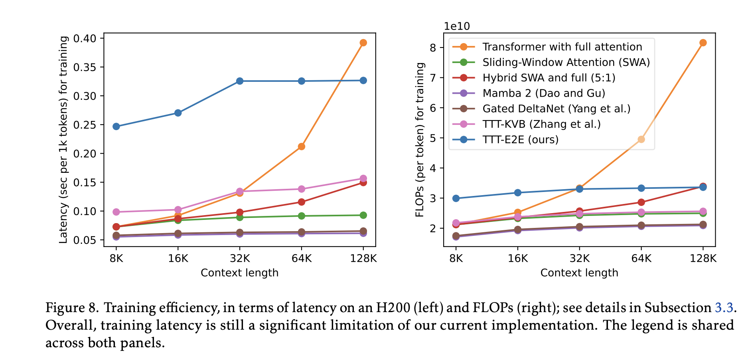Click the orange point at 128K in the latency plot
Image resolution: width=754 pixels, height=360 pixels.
coord(363,43)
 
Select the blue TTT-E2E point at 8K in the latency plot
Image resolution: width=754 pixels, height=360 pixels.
coord(116,127)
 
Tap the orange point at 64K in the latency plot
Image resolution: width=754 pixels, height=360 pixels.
coord(302,146)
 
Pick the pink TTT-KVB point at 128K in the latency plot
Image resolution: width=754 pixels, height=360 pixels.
coord(363,178)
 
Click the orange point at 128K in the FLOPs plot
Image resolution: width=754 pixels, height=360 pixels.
coord(703,43)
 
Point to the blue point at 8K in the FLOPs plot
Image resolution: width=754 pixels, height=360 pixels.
coord(456,198)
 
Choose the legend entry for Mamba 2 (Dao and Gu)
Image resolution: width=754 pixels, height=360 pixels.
coord(544,93)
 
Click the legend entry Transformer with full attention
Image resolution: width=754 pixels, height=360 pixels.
coord(562,47)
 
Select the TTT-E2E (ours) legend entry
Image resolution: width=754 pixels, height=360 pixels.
coord(520,140)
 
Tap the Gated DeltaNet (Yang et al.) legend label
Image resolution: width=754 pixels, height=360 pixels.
coord(556,109)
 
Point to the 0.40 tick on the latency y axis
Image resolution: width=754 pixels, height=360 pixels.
coord(85,39)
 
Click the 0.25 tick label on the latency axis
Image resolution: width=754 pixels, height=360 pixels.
coord(85,125)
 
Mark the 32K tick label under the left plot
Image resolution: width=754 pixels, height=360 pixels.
coord(240,259)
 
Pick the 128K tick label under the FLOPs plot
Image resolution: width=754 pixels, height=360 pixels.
coord(703,259)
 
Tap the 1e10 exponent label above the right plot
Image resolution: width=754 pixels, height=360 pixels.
coord(457,26)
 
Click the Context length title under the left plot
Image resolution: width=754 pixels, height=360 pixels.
coord(239,273)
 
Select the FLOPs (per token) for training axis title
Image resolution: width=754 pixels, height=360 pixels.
coord(420,140)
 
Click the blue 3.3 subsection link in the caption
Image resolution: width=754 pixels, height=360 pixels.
coord(724,308)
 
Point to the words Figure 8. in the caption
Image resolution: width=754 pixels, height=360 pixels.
coord(72,308)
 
